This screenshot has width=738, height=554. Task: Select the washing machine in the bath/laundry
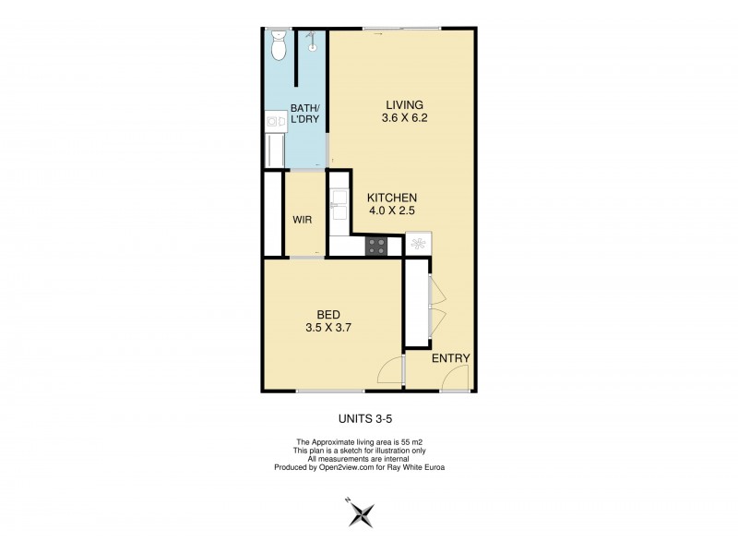pos(275,119)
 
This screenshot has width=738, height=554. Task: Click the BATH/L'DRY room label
pos(305,114)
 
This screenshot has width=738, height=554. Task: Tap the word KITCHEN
pos(393,198)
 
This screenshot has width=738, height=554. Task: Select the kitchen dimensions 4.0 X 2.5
pos(393,211)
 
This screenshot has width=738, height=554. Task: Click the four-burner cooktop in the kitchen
pos(376,246)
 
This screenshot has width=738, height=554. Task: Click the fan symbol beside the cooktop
pos(417,245)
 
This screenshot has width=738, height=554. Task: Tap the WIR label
pos(303,221)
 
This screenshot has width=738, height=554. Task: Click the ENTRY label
pos(451,358)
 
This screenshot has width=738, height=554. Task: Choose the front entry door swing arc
pos(455,379)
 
